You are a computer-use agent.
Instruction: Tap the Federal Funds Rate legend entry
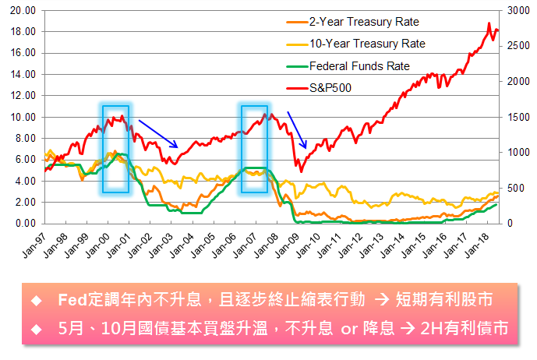359,66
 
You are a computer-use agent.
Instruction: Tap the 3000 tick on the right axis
517,11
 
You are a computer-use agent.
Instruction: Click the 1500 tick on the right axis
517,117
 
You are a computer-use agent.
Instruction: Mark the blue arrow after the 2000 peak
161,132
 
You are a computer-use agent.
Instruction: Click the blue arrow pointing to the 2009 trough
297,129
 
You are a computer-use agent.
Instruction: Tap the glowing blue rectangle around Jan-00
115,148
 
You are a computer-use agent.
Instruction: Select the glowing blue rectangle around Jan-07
254,148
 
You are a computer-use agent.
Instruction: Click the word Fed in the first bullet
72,301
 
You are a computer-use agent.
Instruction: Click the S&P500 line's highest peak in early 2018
489,23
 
